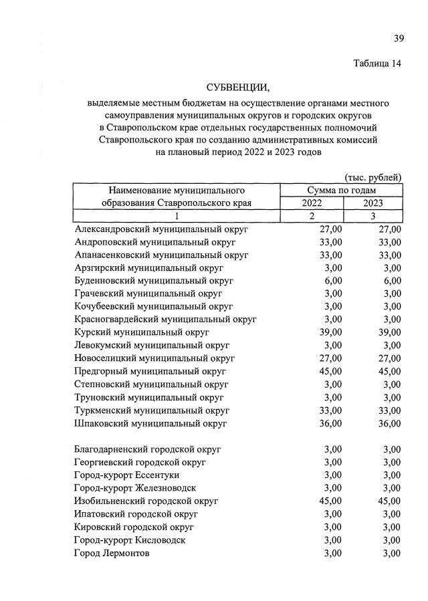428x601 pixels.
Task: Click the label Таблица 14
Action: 377,64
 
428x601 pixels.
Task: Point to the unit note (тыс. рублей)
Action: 373,177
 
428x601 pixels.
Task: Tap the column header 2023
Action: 374,203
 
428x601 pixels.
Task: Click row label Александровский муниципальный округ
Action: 161,229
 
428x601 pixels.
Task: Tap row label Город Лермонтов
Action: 113,553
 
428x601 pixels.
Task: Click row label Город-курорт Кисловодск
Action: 130,539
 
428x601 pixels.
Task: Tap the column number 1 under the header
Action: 177,216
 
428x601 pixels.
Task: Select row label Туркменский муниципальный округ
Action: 152,410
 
